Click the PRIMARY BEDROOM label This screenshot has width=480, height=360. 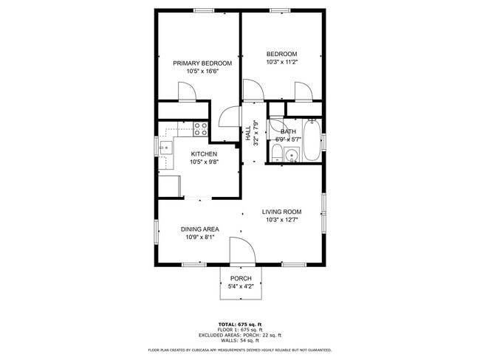click(202, 63)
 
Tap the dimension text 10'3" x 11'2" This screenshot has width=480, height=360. click(281, 63)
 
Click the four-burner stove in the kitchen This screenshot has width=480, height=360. click(200, 129)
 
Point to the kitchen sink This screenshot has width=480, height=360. click(165, 147)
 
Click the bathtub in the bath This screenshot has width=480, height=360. click(312, 141)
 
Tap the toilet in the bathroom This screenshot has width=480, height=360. click(275, 154)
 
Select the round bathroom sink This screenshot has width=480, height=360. click(291, 156)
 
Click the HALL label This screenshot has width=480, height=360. click(247, 134)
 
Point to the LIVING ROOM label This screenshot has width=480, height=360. click(281, 212)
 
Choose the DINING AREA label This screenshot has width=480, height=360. click(199, 229)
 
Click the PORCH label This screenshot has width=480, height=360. click(240, 278)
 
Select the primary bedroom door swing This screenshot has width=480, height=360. click(186, 91)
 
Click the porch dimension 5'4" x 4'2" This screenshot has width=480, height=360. click(240, 286)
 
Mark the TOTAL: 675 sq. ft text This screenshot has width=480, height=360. click(240, 324)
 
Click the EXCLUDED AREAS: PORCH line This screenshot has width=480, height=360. click(240, 336)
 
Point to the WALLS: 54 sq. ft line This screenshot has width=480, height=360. click(240, 341)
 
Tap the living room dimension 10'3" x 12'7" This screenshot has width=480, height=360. click(281, 219)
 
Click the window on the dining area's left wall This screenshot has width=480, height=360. click(156, 230)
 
